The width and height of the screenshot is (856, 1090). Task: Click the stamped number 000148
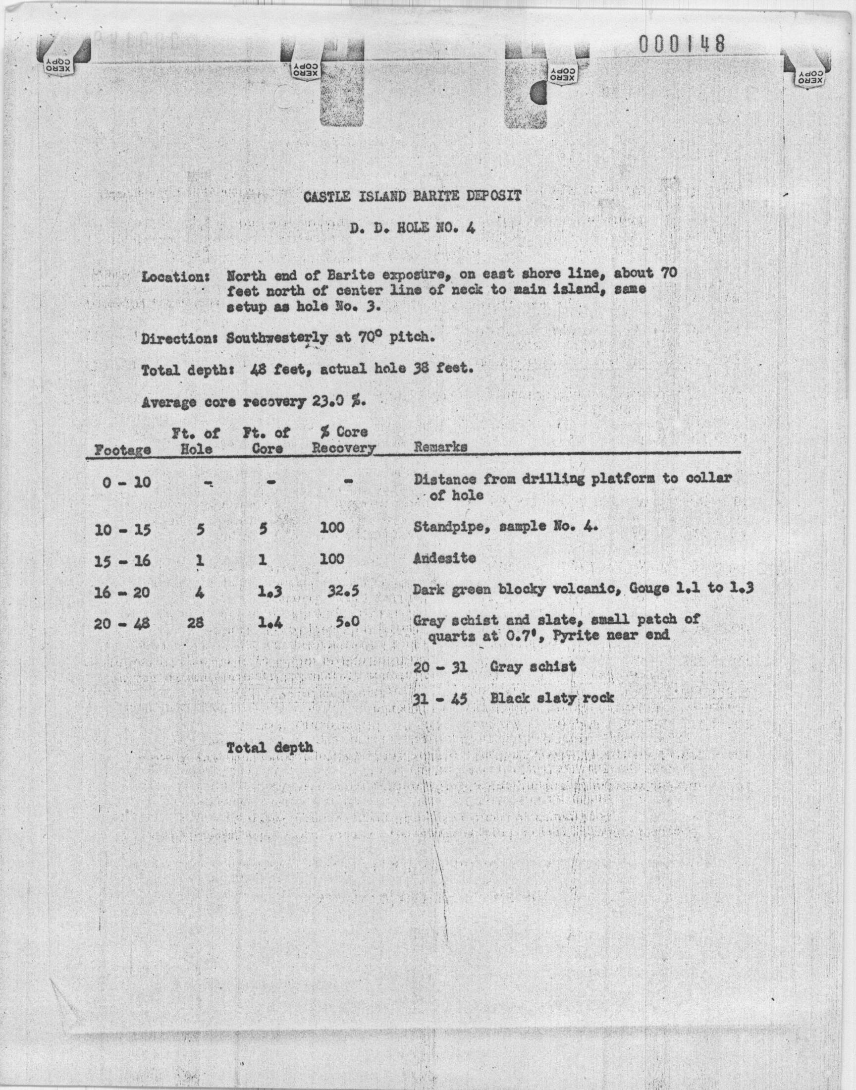point(682,44)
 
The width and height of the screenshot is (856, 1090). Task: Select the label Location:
point(175,276)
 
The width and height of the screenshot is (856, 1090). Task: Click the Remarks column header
point(440,446)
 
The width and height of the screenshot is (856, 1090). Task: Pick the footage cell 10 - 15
point(122,529)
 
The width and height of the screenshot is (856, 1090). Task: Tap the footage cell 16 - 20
point(122,593)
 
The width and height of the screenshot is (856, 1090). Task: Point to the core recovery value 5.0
point(347,622)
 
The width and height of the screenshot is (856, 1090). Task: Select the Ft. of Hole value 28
point(197,623)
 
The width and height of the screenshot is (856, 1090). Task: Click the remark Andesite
point(444,558)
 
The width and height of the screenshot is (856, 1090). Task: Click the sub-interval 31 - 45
point(440,698)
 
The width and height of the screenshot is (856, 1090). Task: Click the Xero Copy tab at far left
point(58,63)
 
